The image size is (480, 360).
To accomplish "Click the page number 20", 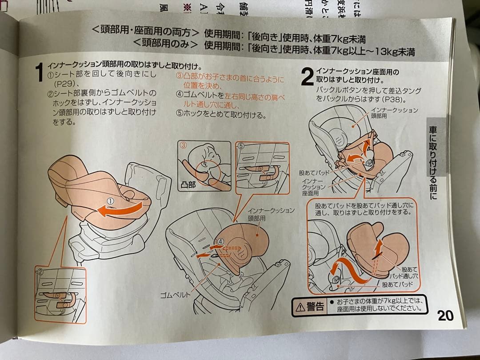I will (445, 315).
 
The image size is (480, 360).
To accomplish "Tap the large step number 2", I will (307, 76).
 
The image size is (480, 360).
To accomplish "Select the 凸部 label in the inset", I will (188, 184).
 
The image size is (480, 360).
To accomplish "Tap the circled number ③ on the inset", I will (182, 145).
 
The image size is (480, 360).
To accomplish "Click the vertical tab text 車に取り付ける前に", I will (433, 162).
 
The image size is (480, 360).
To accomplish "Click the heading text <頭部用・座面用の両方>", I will (144, 32).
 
